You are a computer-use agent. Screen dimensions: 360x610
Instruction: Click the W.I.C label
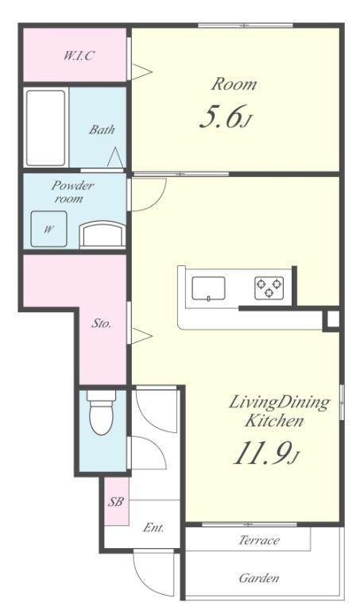pos(79,56)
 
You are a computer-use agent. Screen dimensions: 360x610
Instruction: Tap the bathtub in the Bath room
pos(45,128)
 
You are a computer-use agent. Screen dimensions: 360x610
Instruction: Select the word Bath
pos(102,129)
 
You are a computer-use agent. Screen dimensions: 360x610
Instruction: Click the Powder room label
pos(72,191)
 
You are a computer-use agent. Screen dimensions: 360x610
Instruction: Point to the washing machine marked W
pos(48,229)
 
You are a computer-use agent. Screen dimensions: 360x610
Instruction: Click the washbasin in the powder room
pos(103,234)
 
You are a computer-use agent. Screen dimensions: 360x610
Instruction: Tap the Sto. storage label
pos(101,323)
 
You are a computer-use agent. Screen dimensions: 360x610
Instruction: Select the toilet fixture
pos(101,412)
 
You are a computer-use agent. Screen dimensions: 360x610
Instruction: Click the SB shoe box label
pos(116,501)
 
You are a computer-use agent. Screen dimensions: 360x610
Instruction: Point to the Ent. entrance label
pos(153,527)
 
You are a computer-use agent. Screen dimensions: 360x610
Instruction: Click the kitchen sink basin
pos(208,288)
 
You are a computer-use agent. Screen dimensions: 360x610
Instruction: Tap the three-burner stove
pos(269,288)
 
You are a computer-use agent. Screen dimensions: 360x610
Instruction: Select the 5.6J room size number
pos(224,117)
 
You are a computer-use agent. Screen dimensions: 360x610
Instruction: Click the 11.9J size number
pos(266,454)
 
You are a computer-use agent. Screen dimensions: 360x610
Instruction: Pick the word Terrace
pos(259,540)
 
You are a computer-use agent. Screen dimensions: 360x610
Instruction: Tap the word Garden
pos(259,578)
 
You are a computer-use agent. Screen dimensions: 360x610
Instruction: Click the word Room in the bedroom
pos(234,84)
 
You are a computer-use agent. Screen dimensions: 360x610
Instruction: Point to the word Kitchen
pos(274,420)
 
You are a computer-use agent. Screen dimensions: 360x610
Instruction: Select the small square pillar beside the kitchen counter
pos(332,319)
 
